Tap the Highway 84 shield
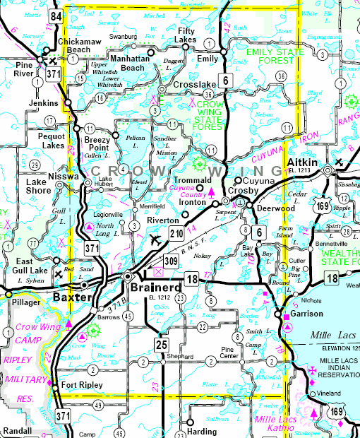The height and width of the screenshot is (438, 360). pos(56,16)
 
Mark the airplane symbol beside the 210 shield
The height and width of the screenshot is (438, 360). pos(155,240)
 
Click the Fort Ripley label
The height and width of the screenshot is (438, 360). pos(82,385)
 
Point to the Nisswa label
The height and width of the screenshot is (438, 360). pos(64,176)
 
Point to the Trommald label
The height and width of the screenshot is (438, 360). pos(208,179)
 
